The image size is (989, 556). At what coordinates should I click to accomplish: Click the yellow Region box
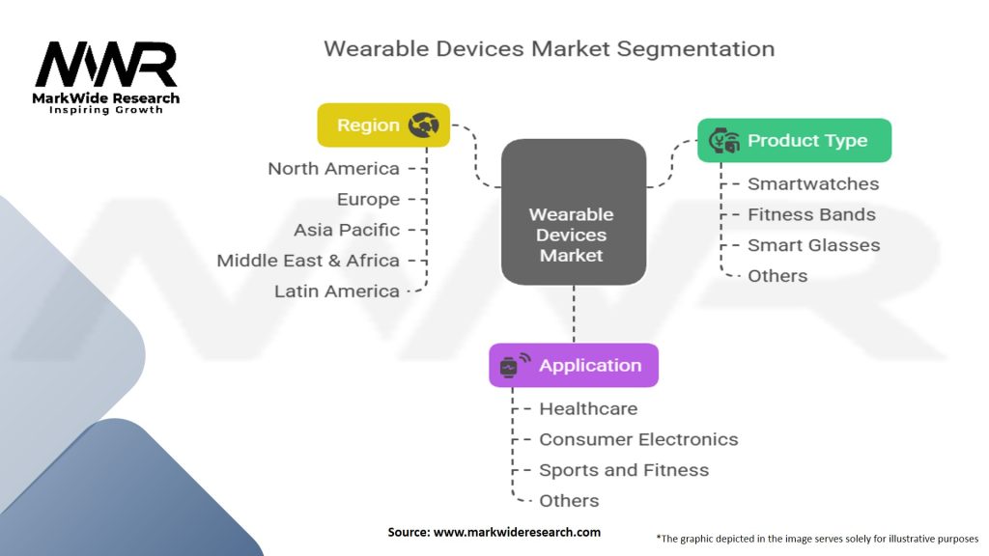pos(383,125)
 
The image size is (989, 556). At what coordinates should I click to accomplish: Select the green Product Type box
pos(794,140)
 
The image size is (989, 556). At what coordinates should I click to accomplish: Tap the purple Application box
pos(574,365)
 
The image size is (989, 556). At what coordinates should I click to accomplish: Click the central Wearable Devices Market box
pos(574,211)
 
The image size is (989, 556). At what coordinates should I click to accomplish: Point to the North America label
pos(333,169)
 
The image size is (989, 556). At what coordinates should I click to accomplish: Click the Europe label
pos(368,199)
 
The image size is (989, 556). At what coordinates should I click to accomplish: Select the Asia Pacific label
pos(347,230)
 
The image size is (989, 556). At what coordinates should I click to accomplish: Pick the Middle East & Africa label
pos(308,261)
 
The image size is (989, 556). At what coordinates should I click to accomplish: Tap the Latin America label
pos(337,292)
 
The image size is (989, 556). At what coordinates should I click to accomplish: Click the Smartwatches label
pos(813,184)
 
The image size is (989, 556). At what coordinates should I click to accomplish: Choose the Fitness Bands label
pos(811,215)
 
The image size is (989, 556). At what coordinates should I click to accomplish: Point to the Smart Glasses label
pos(813,245)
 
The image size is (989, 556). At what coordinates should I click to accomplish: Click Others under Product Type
pos(777,276)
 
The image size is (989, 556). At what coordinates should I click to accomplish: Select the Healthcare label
pos(588,409)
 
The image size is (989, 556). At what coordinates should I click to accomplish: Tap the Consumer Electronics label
pos(638,439)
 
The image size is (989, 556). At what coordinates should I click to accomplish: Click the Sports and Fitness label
pos(624,470)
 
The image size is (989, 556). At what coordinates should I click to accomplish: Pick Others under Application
pos(569,501)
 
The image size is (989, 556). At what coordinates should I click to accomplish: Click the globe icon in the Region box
pos(423,125)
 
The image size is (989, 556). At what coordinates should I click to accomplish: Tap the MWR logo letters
pos(106,65)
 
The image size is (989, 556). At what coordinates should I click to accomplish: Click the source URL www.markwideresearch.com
pos(517,532)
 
